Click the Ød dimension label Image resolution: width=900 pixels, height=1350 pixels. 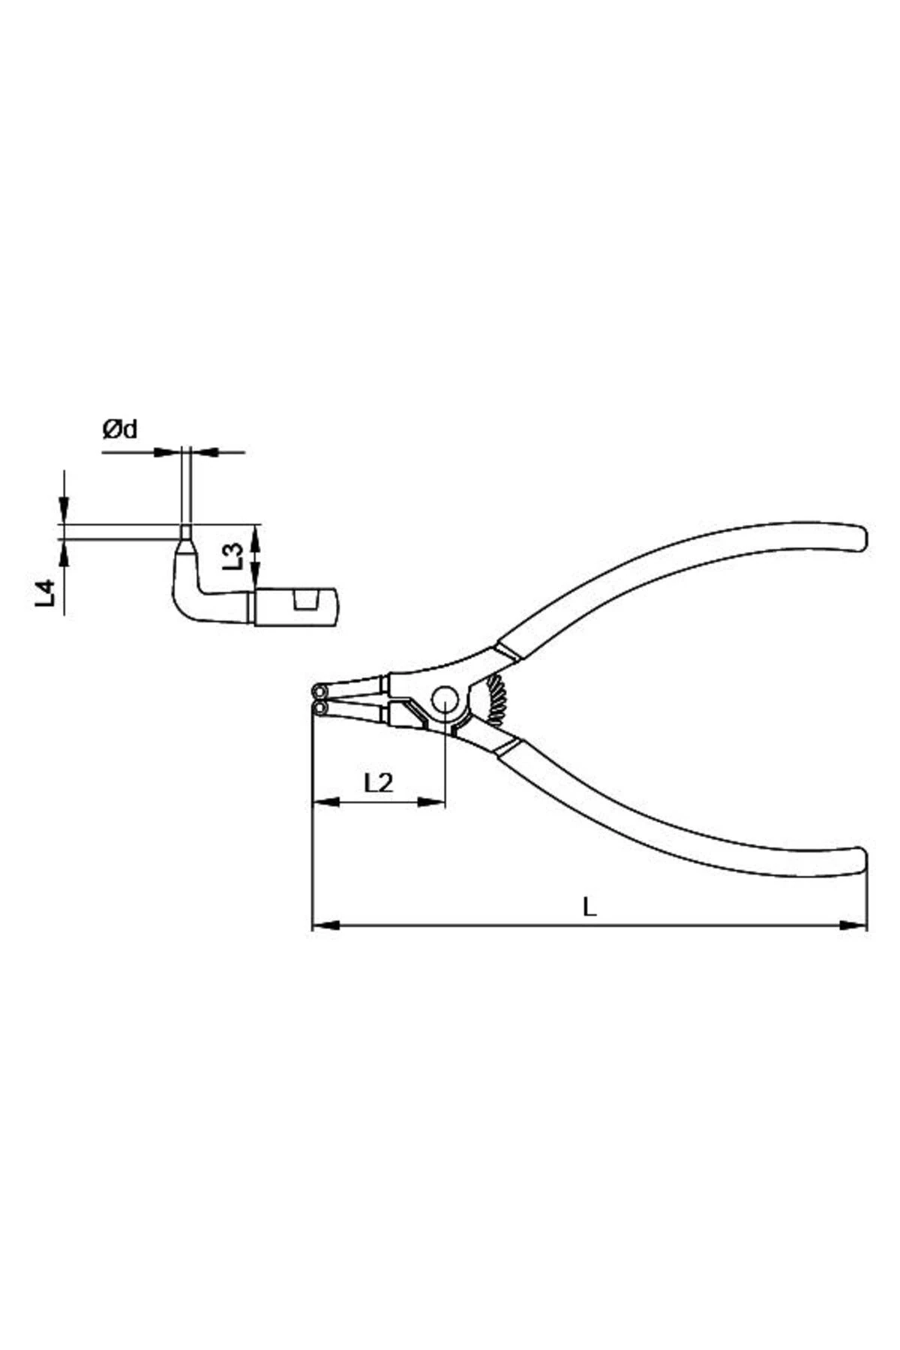point(120,430)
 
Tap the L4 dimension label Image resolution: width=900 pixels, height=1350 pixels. point(46,592)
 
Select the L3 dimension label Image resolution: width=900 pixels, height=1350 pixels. point(234,556)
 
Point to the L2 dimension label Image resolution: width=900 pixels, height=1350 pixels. point(378,783)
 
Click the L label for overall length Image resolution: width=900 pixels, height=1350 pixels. point(590,907)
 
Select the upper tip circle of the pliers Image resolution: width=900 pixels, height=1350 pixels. point(319,690)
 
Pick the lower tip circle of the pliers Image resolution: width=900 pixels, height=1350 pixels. point(320,707)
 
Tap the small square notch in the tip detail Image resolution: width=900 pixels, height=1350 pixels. point(305,601)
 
